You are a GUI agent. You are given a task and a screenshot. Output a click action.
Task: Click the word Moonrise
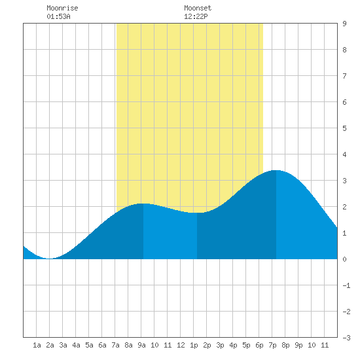pyautogui.click(x=62, y=8)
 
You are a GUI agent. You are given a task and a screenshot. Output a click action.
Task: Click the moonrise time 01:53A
pyautogui.click(x=58, y=16)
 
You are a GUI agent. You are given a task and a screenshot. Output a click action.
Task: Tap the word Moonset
pyautogui.click(x=198, y=8)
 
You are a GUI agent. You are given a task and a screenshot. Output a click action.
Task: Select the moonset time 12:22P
pyautogui.click(x=196, y=16)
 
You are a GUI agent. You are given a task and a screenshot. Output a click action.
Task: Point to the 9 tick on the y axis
pyautogui.click(x=344, y=24)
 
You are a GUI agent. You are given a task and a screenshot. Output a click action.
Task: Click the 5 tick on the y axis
pyautogui.click(x=344, y=128)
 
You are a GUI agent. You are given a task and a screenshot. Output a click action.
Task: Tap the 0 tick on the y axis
pyautogui.click(x=344, y=259)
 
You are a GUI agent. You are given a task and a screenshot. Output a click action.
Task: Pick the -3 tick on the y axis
pyautogui.click(x=346, y=338)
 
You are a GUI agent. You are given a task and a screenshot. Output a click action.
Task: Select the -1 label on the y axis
pyautogui.click(x=346, y=285)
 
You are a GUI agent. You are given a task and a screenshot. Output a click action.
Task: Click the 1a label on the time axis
pyautogui.click(x=37, y=345)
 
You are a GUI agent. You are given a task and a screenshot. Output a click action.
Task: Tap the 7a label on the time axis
pyautogui.click(x=115, y=345)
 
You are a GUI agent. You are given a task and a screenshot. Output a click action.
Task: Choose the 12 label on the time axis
pyautogui.click(x=181, y=345)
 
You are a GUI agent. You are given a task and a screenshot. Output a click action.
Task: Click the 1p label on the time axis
pyautogui.click(x=194, y=345)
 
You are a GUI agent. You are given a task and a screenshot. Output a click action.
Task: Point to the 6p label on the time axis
pyautogui.click(x=259, y=345)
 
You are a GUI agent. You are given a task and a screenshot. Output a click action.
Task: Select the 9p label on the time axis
pyautogui.click(x=298, y=345)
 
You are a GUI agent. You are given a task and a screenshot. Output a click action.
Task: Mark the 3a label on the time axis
pyautogui.click(x=63, y=345)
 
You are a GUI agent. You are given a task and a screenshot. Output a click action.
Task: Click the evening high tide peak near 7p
pyautogui.click(x=276, y=170)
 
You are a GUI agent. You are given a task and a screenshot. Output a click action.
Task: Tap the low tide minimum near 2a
pyautogui.click(x=49, y=259)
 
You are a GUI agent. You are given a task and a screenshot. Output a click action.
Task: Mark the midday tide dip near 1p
pyautogui.click(x=197, y=213)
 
